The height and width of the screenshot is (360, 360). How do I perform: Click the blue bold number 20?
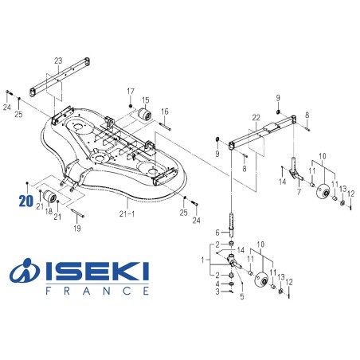pyautogui.click(x=28, y=201)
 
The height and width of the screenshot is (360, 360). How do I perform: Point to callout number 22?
pyautogui.click(x=256, y=118)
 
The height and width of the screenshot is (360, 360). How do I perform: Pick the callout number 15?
pyautogui.click(x=146, y=100)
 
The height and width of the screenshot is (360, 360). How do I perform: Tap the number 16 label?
pyautogui.click(x=166, y=112)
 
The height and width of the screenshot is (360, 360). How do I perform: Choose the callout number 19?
pyautogui.click(x=77, y=228)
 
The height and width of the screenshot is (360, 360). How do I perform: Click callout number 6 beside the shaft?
pyautogui.click(x=216, y=233)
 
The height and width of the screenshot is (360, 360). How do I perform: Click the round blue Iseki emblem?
pyautogui.click(x=25, y=273)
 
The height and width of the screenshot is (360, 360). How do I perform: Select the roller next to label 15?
pyautogui.click(x=146, y=119)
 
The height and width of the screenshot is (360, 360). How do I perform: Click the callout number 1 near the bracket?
pyautogui.click(x=205, y=260)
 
